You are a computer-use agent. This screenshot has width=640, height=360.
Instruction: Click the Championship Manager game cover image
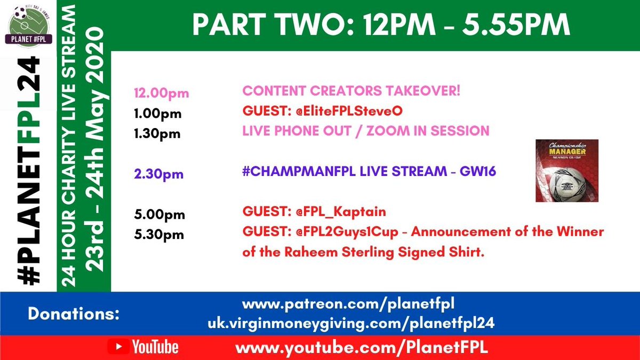pos(567,171)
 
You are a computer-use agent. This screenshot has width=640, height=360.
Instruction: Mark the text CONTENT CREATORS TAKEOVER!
pos(351,91)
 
